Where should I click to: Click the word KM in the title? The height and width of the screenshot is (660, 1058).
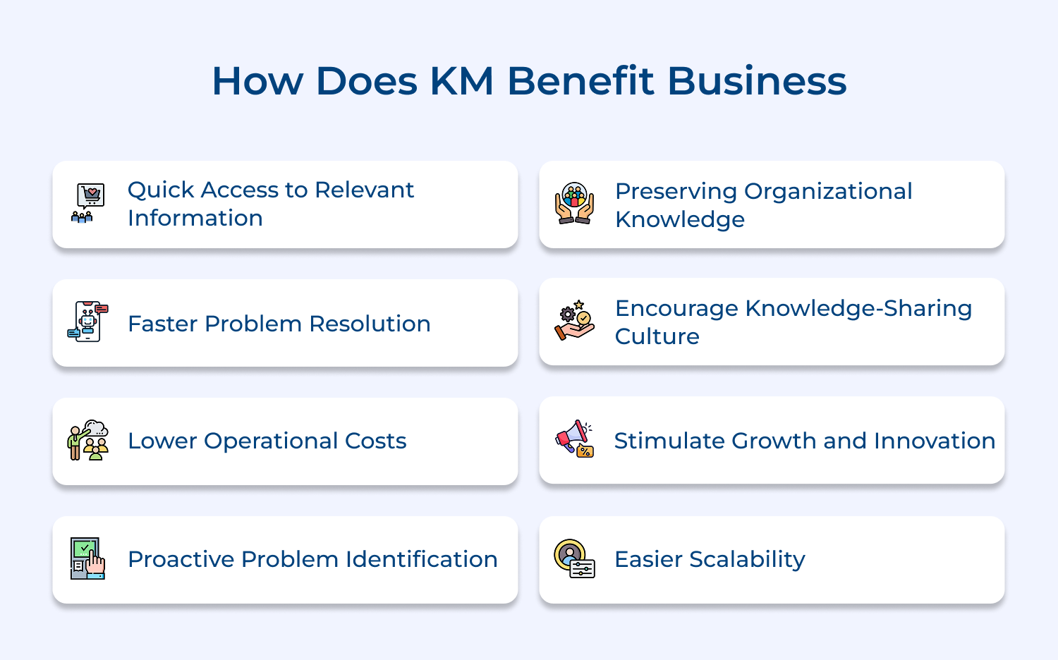[x=462, y=81]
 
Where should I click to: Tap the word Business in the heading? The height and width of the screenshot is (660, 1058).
[x=757, y=81]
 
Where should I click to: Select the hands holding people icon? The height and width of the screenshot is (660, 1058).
[x=574, y=204]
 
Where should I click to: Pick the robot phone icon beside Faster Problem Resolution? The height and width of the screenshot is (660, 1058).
[x=88, y=322]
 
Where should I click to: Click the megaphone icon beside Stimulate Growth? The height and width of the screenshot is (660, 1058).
[x=574, y=439]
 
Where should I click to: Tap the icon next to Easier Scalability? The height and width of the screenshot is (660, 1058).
[x=574, y=558]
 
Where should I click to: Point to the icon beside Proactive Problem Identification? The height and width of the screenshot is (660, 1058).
[x=88, y=558]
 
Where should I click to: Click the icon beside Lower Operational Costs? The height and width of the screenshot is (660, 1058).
[x=88, y=440]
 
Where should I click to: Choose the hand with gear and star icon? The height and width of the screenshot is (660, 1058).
[x=574, y=320]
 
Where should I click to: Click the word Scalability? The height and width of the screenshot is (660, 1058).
[x=747, y=560]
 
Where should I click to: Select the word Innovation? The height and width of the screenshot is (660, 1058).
[x=935, y=441]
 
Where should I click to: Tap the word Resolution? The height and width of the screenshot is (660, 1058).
[x=370, y=324]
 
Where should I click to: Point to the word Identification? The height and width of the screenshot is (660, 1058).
[x=422, y=559]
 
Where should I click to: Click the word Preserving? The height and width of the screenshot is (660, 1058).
[x=676, y=192]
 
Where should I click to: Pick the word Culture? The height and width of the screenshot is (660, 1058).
[x=657, y=336]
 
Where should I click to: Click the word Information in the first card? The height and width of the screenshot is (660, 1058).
[x=195, y=218]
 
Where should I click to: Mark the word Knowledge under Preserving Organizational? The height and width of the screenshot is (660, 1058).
[x=680, y=220]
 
